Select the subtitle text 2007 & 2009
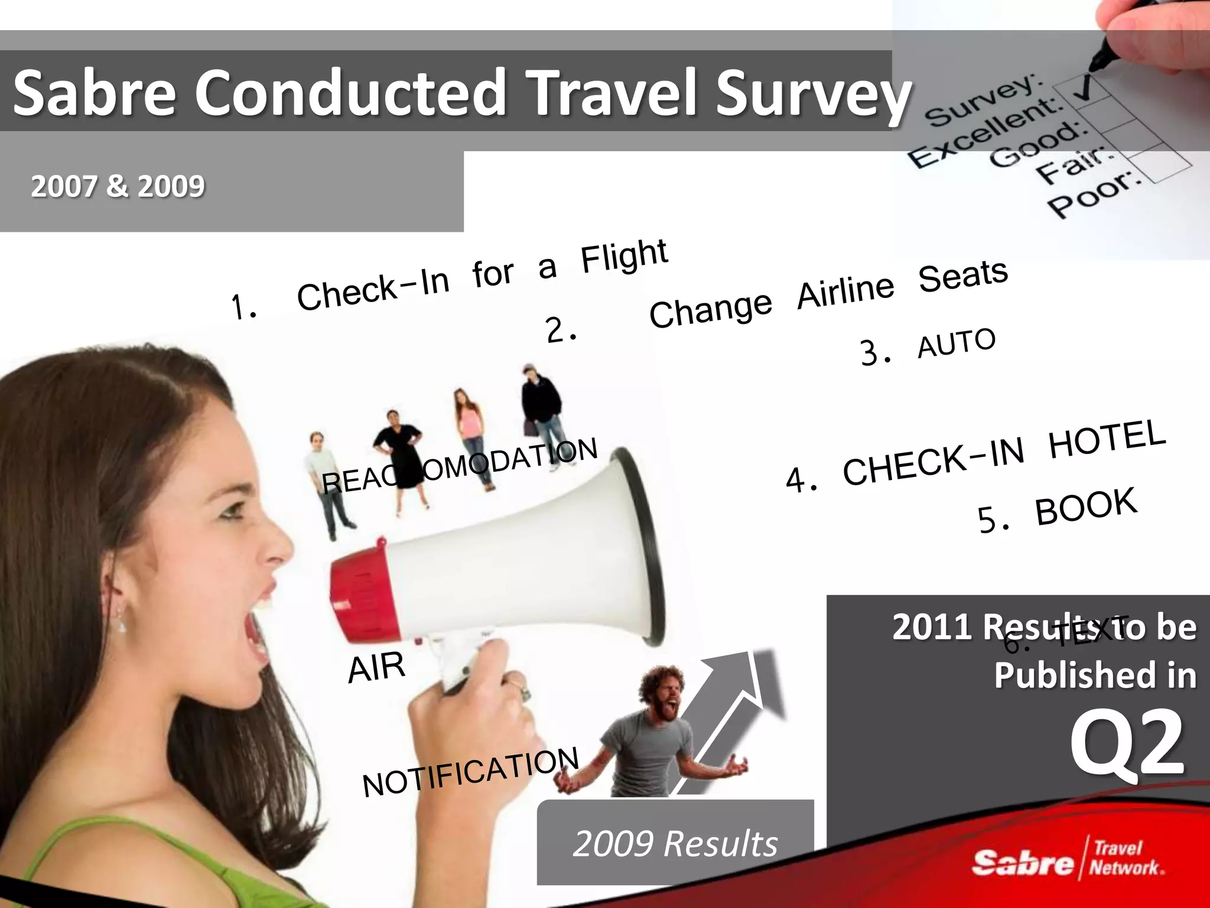coord(118,186)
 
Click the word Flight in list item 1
coord(624,257)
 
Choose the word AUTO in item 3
coord(957,343)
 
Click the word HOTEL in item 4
coord(1107,438)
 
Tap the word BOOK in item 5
coord(1086,507)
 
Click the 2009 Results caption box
coord(675,842)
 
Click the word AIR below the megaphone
coord(376,667)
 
